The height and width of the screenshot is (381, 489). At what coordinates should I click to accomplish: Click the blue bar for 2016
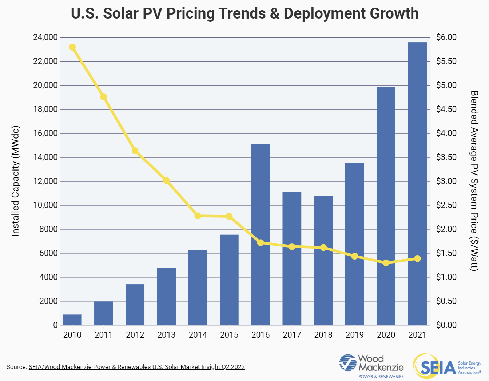tap(261, 234)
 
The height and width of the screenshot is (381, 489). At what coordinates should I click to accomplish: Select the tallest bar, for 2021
tap(417, 183)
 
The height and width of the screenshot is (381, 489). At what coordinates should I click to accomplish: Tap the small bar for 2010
tap(72, 320)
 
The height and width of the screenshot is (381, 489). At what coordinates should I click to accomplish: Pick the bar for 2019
tap(354, 244)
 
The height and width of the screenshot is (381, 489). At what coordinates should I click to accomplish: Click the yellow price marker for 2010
tap(72, 47)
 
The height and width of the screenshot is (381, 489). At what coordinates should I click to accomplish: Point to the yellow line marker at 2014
tap(198, 216)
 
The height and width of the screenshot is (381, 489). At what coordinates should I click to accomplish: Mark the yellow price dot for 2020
tap(386, 263)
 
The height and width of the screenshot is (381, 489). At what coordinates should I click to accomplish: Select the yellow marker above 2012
tap(135, 151)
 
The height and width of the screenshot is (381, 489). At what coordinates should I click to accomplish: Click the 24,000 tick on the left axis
tap(45, 37)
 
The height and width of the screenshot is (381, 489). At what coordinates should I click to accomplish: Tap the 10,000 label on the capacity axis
tap(45, 205)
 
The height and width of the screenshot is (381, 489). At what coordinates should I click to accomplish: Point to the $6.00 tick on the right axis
tap(446, 37)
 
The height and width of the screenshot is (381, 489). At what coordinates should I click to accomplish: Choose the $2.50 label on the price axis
tap(446, 205)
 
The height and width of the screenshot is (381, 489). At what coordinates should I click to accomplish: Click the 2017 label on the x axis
tap(292, 335)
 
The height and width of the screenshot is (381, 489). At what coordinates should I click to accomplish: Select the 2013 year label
tap(166, 335)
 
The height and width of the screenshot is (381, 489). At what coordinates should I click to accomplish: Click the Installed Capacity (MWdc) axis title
tap(15, 181)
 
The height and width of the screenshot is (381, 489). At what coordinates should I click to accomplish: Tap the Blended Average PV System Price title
tap(474, 181)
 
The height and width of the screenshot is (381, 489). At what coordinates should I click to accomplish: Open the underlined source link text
tap(136, 367)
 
